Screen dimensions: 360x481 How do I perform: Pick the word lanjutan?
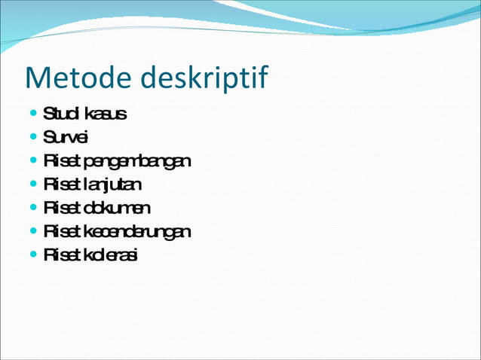(x=113, y=185)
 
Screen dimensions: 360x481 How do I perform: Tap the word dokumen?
(x=118, y=208)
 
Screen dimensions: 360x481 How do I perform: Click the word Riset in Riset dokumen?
(x=63, y=208)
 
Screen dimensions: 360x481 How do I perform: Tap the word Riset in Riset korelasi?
(x=63, y=255)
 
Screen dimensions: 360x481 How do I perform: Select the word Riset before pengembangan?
(x=63, y=161)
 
